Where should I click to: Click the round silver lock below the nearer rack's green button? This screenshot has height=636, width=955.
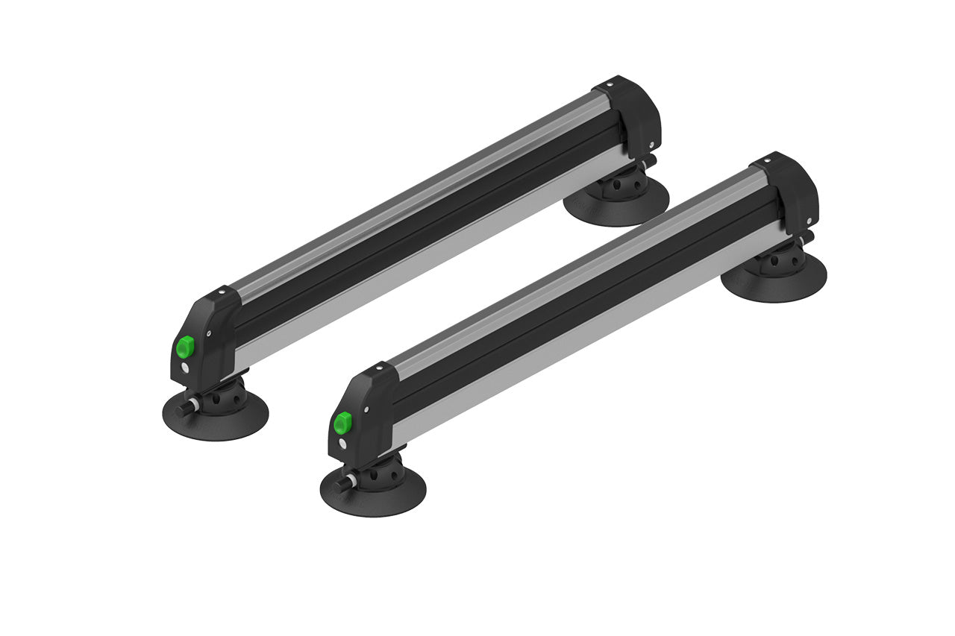pyautogui.click(x=342, y=444)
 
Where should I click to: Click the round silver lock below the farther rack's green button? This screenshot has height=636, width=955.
pyautogui.click(x=184, y=367)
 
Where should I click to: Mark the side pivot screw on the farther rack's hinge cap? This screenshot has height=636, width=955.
pyautogui.click(x=651, y=145)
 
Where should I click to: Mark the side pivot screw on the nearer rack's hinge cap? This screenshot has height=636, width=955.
pyautogui.click(x=810, y=221)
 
